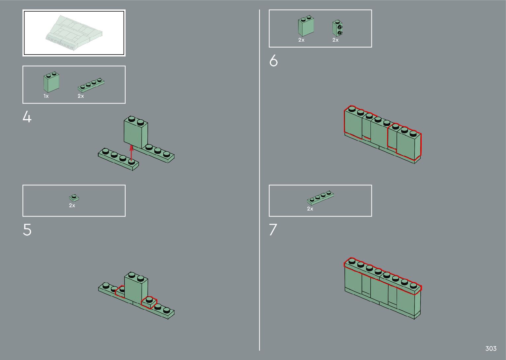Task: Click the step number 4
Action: tap(27, 117)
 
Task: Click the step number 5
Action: tap(27, 230)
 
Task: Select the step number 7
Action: tap(273, 230)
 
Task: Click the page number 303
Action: tap(491, 348)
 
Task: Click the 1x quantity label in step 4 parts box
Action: tap(46, 96)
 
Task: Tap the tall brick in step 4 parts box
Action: tap(51, 82)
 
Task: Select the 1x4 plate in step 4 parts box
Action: tap(91, 85)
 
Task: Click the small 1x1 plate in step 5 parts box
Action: tap(74, 198)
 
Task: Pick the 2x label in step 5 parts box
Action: tap(72, 205)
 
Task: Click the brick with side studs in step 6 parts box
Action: tap(337, 28)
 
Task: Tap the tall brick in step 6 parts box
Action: tap(306, 26)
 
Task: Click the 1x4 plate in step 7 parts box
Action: tap(320, 198)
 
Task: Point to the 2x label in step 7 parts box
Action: tap(310, 209)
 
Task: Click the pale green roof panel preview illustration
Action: tap(74, 33)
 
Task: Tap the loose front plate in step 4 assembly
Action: tap(118, 159)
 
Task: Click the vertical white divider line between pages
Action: tap(259, 180)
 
